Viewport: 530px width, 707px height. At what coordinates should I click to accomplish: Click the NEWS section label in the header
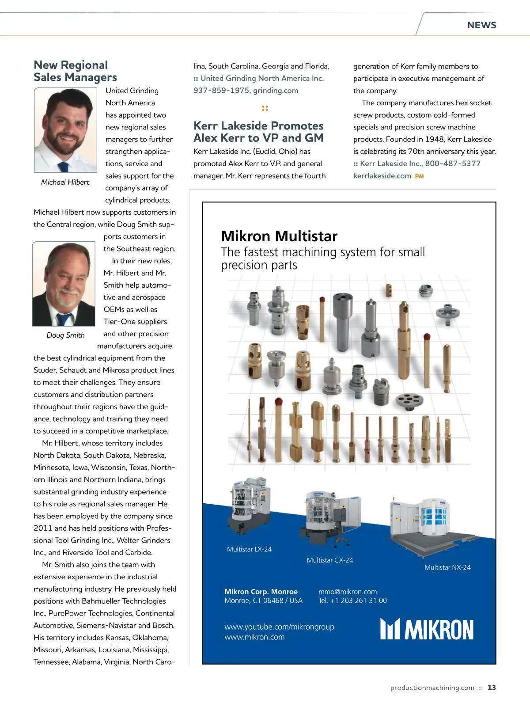[481, 25]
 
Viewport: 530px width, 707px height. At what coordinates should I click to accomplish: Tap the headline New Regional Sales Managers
[75, 71]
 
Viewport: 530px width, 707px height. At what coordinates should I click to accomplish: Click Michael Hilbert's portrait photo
[65, 130]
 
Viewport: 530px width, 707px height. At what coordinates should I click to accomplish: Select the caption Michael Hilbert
[65, 182]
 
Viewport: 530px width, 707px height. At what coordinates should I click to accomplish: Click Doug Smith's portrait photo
[64, 284]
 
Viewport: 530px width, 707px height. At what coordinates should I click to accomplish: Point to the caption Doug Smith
[65, 335]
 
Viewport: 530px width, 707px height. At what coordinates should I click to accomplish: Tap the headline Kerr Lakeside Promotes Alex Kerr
[258, 132]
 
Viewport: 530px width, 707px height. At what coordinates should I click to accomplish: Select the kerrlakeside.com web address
[382, 176]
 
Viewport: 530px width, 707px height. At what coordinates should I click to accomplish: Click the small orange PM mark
[419, 176]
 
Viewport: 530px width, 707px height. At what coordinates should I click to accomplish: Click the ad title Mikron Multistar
[279, 236]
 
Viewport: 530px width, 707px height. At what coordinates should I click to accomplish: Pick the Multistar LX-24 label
[249, 549]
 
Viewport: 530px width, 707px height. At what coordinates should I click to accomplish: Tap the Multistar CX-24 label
[330, 560]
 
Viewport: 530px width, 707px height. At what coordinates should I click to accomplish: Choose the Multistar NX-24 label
[447, 567]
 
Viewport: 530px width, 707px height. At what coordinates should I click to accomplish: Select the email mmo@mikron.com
[348, 592]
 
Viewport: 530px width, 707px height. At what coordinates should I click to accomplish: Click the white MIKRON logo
[427, 629]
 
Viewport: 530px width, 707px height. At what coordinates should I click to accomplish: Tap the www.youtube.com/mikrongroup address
[279, 627]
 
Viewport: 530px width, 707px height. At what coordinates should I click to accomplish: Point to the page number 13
[492, 688]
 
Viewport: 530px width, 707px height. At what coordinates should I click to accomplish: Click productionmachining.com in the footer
[432, 688]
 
